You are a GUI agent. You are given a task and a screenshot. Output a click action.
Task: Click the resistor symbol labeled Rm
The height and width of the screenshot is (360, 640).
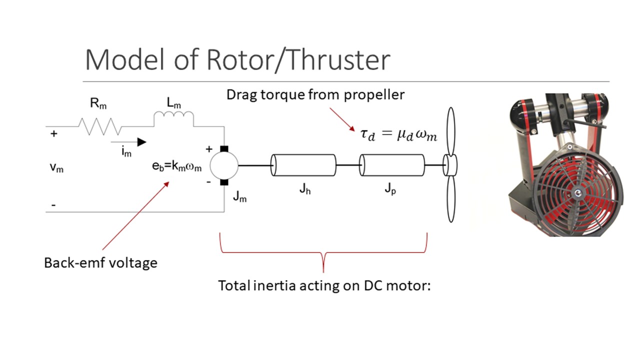coord(99,126)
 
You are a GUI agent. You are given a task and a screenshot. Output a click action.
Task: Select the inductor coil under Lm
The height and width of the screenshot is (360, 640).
coord(173,118)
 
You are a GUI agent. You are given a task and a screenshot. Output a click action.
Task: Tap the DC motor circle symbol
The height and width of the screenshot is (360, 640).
coord(223,165)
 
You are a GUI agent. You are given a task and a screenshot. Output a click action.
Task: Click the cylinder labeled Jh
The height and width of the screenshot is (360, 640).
coord(303,165)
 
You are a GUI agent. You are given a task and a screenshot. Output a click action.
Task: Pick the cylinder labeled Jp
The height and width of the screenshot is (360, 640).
coord(392,165)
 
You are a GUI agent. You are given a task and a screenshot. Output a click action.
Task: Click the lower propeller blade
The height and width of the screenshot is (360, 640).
coord(451,199)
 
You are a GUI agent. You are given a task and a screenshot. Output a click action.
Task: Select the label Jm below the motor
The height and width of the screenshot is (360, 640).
coord(239,197)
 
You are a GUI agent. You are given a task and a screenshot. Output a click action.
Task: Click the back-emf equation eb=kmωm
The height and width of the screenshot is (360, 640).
coord(177,167)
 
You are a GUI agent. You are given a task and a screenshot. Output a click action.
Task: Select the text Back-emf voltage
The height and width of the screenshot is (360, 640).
coord(100,262)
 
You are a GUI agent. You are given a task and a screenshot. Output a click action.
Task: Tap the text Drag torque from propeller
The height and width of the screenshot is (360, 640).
coord(315,94)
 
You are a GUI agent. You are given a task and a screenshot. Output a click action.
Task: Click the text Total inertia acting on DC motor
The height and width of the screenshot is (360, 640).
coord(324,285)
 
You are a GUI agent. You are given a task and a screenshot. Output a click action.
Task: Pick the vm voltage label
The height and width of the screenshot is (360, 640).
coord(56,168)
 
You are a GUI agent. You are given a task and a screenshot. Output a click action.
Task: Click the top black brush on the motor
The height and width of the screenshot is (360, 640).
coord(223,149)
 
